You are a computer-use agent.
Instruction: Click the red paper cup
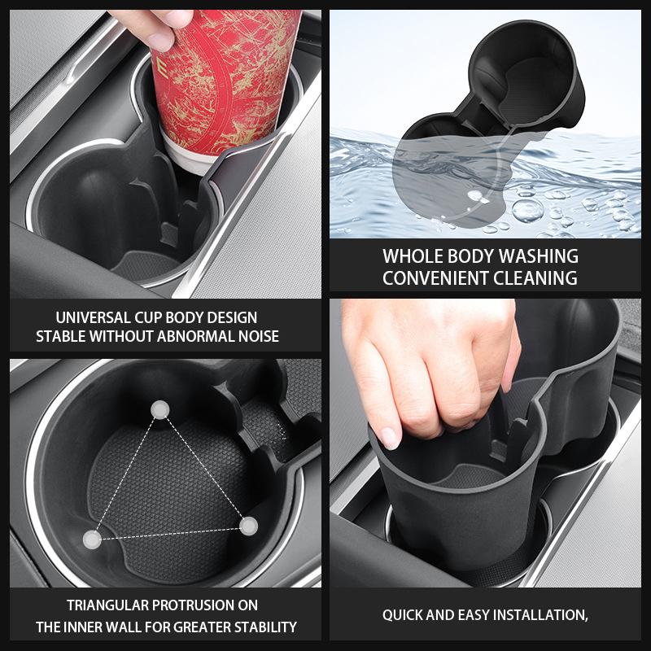(224, 77)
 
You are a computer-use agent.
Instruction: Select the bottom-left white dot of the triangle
(94, 538)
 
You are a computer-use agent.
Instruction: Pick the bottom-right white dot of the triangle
(248, 525)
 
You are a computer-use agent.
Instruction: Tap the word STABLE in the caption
(60, 336)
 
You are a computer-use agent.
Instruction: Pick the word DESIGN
(232, 317)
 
